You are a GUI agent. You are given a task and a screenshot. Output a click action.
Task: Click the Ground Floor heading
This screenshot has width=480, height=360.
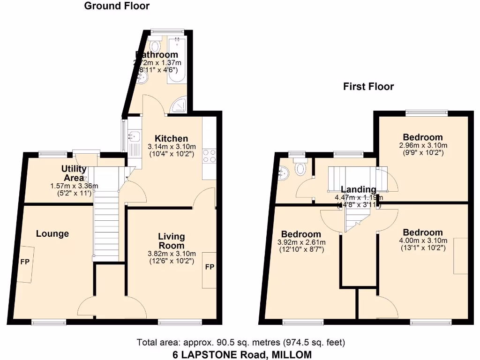[117, 6]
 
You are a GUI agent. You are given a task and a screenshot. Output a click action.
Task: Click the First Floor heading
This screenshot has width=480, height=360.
[368, 86]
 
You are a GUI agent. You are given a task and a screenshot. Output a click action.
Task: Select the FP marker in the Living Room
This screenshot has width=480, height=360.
[210, 267]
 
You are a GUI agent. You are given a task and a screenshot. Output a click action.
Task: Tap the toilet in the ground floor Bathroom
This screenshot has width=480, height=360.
[155, 47]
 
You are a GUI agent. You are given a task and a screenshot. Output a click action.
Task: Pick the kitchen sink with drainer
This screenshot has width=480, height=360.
[135, 141]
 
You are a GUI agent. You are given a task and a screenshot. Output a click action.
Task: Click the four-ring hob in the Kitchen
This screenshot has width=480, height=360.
[209, 155]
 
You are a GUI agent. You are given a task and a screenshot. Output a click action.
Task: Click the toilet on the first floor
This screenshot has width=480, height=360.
[300, 167]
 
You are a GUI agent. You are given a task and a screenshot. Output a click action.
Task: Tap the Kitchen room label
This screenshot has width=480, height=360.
[172, 138]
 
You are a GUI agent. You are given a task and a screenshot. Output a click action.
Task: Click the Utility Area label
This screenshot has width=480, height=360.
[74, 173]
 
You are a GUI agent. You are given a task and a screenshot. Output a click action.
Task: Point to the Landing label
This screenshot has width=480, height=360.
[358, 189]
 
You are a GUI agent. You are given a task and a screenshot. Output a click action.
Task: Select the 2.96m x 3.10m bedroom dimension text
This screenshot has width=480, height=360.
[423, 145]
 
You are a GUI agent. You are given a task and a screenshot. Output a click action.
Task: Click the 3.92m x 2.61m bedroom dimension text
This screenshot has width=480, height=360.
[301, 242]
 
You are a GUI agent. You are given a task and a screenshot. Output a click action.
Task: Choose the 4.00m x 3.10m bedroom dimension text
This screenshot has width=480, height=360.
[423, 241]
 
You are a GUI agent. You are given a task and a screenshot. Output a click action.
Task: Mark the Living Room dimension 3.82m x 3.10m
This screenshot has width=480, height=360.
[172, 254]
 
